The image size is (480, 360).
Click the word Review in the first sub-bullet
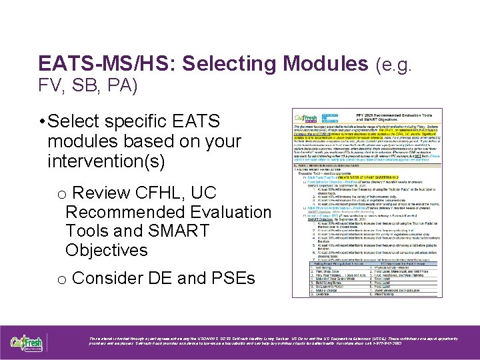coord(102,193)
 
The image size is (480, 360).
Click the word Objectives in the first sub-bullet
coord(107,251)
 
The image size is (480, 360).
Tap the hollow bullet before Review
coord(61,195)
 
